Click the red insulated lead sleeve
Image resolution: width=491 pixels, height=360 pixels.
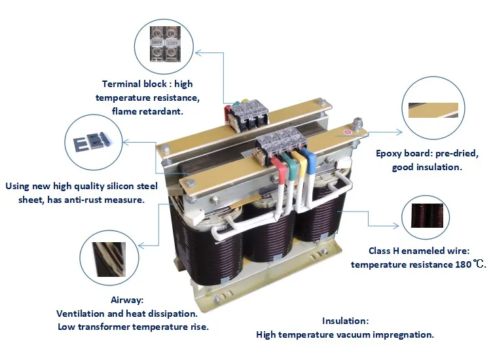click(270, 171)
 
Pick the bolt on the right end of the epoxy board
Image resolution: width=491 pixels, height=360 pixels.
click(357, 122)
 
